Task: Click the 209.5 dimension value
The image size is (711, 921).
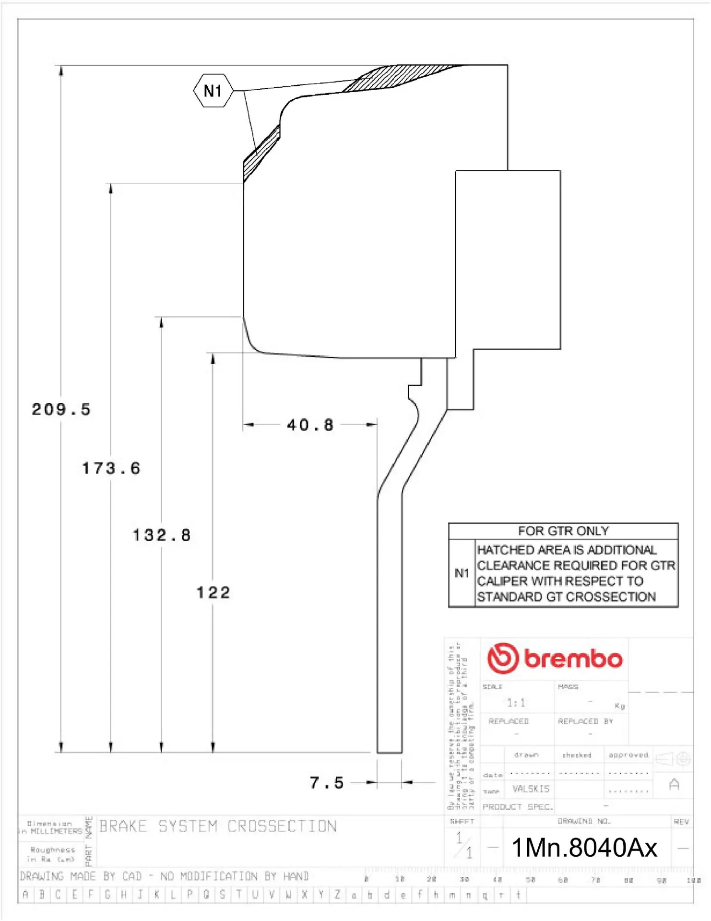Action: click(61, 409)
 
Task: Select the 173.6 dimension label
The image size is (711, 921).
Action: click(111, 468)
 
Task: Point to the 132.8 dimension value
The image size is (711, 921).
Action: click(162, 535)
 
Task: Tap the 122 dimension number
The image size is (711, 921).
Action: click(213, 592)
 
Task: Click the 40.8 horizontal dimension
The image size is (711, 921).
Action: click(310, 425)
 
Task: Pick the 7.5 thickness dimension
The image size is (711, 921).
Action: click(327, 783)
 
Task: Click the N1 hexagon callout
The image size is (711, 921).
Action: click(213, 90)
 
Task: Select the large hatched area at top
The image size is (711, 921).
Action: click(398, 77)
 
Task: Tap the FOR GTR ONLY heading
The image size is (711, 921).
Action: click(563, 531)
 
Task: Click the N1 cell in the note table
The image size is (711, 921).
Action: click(462, 573)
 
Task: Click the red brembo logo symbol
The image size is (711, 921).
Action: click(503, 658)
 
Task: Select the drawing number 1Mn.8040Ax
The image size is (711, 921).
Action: click(584, 848)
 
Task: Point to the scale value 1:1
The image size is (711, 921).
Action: click(516, 703)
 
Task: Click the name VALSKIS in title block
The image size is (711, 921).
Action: click(531, 789)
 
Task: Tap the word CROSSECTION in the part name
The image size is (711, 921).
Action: click(282, 826)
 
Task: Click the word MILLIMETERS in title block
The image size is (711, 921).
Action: click(56, 831)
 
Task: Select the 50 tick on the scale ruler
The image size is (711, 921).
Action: click(530, 880)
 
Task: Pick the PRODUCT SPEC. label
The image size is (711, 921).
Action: click(517, 807)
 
